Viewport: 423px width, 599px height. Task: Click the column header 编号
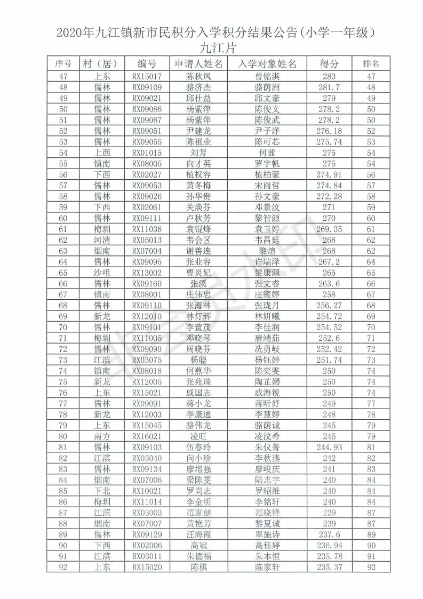click(x=147, y=63)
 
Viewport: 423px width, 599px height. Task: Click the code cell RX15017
click(x=147, y=77)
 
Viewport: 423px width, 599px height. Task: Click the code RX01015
click(x=147, y=153)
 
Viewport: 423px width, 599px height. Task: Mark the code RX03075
click(x=147, y=359)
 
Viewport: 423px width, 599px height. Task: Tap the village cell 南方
click(x=101, y=435)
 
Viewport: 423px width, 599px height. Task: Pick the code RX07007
click(x=147, y=522)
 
